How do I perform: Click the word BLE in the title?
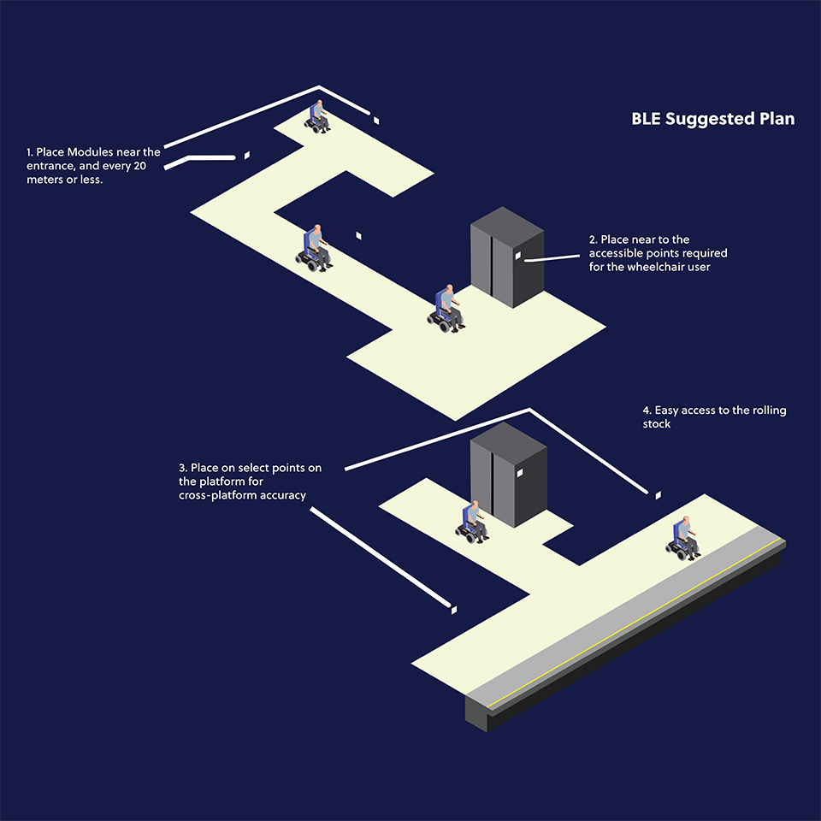(x=647, y=119)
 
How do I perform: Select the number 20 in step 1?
(x=139, y=166)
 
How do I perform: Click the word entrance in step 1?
(x=50, y=167)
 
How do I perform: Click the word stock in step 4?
(x=657, y=424)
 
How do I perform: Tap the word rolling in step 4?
(x=769, y=410)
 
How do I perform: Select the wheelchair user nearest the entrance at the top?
(x=317, y=117)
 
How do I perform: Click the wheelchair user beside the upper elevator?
(x=446, y=309)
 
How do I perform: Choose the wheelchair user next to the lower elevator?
(x=472, y=523)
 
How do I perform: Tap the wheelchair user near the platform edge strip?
(x=682, y=538)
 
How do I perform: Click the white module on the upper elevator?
(x=517, y=256)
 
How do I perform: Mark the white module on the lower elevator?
(x=519, y=473)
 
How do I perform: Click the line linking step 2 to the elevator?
(x=552, y=258)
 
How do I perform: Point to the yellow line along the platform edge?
(x=635, y=623)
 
